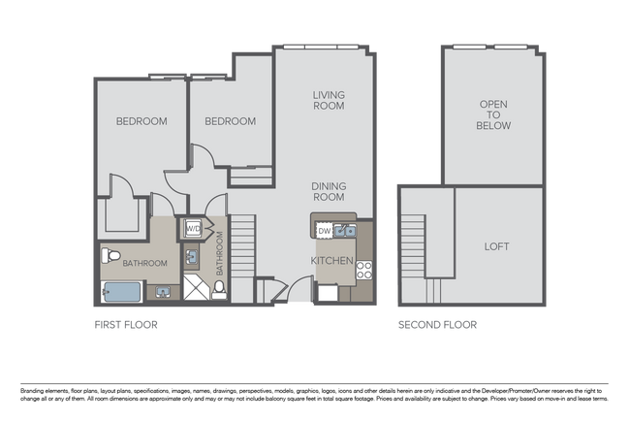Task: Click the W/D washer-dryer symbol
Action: coord(192,230)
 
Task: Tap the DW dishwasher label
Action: coord(325,231)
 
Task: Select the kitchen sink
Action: coord(346,231)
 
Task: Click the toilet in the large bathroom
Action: coord(110,257)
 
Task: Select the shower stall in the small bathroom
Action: coord(194,287)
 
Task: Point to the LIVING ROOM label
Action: coord(330,100)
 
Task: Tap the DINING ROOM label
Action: coord(329,191)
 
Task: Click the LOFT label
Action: coord(496,246)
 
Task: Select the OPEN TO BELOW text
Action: coord(494,114)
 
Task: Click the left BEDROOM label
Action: coord(142,121)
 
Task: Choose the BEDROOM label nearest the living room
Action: coord(231,121)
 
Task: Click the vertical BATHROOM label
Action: coord(219,254)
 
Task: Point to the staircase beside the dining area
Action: coord(241,246)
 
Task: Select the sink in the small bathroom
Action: coord(192,257)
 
